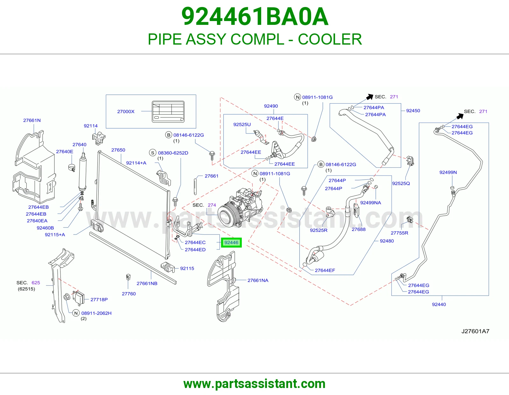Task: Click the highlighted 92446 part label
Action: click(231, 242)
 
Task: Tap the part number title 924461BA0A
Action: click(255, 17)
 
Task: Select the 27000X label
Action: click(126, 111)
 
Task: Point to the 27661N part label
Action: click(32, 120)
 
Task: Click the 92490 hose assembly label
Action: click(271, 106)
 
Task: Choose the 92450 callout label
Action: click(413, 111)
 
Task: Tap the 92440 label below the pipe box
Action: click(439, 305)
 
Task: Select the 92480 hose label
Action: click(387, 241)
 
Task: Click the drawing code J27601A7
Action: click(475, 331)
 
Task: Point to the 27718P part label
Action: click(99, 299)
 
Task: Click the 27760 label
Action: click(129, 294)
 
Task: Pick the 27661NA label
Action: click(258, 280)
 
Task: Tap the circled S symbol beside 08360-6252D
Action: click(153, 153)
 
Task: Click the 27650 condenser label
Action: click(118, 150)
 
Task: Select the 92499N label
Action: click(448, 172)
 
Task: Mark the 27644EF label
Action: click(325, 270)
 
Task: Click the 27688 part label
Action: click(359, 229)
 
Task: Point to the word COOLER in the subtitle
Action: click(330, 39)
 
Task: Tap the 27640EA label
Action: click(37, 221)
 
